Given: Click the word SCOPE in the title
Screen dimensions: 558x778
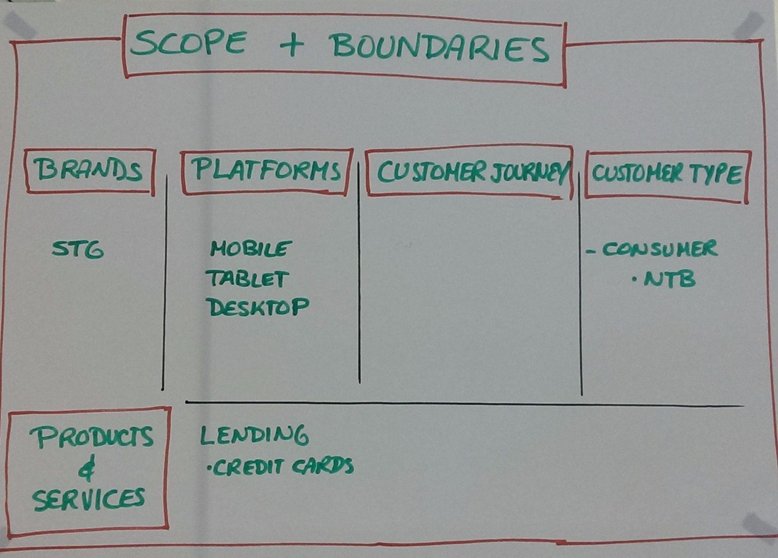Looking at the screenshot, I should point(188,43).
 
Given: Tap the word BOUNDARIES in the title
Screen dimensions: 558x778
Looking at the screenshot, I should point(440,47).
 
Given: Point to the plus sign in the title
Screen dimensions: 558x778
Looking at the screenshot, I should point(292,45).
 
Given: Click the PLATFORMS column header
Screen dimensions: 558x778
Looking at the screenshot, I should point(266,170).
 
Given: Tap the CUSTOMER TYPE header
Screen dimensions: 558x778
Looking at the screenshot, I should point(667,174).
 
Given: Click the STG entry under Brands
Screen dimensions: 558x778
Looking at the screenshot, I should point(78,250).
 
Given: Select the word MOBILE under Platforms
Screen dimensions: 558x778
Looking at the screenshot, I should point(251,249).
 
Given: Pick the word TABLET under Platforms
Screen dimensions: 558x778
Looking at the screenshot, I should point(247,279).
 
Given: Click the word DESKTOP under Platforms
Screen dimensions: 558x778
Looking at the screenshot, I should point(257,307).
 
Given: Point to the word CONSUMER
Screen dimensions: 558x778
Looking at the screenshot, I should point(660,249).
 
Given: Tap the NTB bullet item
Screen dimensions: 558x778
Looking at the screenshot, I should point(669,279).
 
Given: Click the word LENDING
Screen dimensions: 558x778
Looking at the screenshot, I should point(254,436).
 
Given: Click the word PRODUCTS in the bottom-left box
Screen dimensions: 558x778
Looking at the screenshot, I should point(91,437).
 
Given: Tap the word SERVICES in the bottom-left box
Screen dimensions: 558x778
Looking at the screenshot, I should point(89,500).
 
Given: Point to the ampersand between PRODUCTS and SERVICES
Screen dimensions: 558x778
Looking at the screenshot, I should point(87,469).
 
